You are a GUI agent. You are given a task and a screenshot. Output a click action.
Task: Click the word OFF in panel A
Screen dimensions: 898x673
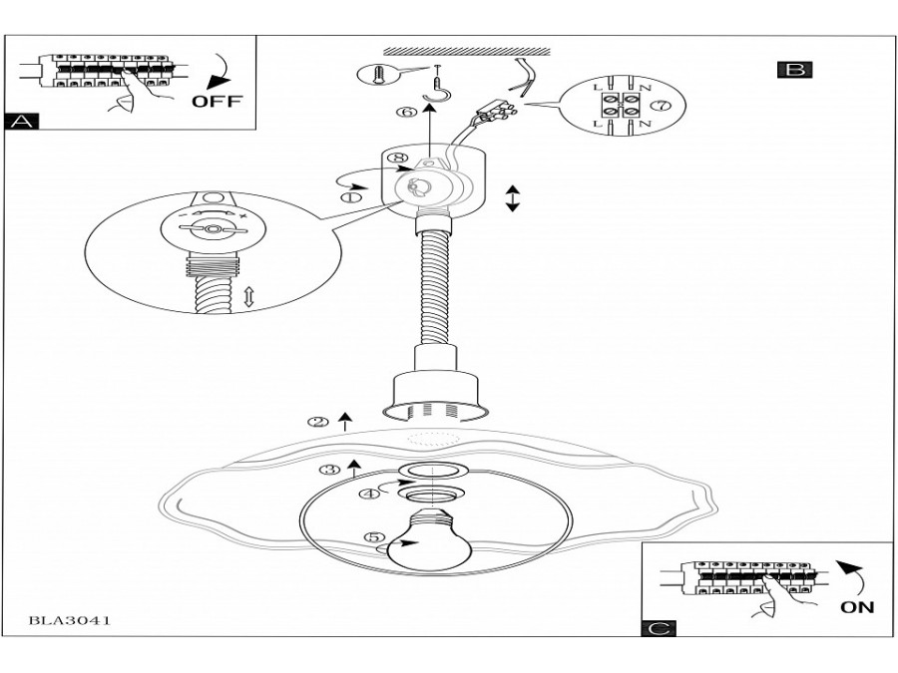pos(217,101)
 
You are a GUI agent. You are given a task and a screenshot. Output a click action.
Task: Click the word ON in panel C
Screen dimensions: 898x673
pos(857,606)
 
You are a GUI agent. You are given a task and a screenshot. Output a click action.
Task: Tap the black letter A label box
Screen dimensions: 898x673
pos(22,122)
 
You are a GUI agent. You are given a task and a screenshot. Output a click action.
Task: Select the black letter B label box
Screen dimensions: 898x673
pos(795,69)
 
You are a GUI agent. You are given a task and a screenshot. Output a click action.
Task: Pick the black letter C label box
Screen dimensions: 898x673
pos(659,628)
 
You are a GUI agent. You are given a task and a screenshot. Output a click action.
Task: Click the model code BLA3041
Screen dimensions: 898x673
pos(69,620)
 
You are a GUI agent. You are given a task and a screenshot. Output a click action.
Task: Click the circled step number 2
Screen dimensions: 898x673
pos(318,423)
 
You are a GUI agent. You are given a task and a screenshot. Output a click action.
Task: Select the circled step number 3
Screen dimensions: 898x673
pos(329,470)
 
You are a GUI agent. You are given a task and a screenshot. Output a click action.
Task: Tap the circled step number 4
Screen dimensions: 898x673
pos(370,493)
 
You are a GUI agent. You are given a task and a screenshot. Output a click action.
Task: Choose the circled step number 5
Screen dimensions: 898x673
pos(375,536)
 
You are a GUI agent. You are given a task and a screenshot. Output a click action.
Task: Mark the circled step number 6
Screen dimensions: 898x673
pos(407,112)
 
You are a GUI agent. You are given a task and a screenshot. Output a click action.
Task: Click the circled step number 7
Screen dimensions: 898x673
pos(662,106)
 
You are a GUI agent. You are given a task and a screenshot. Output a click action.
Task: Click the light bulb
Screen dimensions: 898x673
pos(429,539)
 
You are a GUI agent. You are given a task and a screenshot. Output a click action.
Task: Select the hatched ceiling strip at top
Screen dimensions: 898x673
pos(467,52)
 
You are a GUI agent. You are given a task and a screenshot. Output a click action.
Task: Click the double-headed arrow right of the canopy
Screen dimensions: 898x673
pos(513,198)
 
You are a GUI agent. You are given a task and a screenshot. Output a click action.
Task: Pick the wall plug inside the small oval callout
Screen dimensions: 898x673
pos(378,75)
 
